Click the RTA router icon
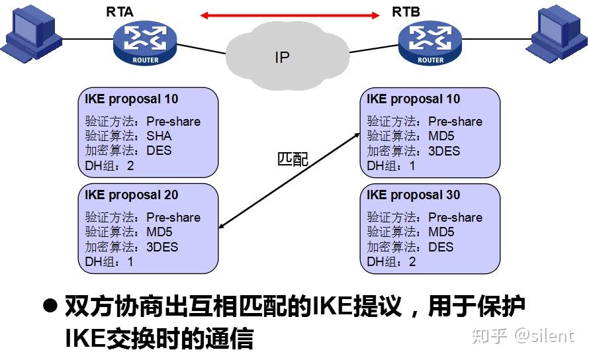[x=145, y=42]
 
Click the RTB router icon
[x=430, y=42]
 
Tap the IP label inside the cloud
[x=282, y=58]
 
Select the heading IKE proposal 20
[x=131, y=195]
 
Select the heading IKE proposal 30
[x=413, y=195]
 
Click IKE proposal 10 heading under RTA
[x=131, y=99]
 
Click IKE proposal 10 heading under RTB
[x=413, y=99]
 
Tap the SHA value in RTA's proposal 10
[x=159, y=136]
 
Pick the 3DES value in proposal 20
[x=162, y=247]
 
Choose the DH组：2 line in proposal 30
[x=392, y=261]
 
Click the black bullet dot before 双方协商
[x=50, y=306]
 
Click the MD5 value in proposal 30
[x=441, y=232]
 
